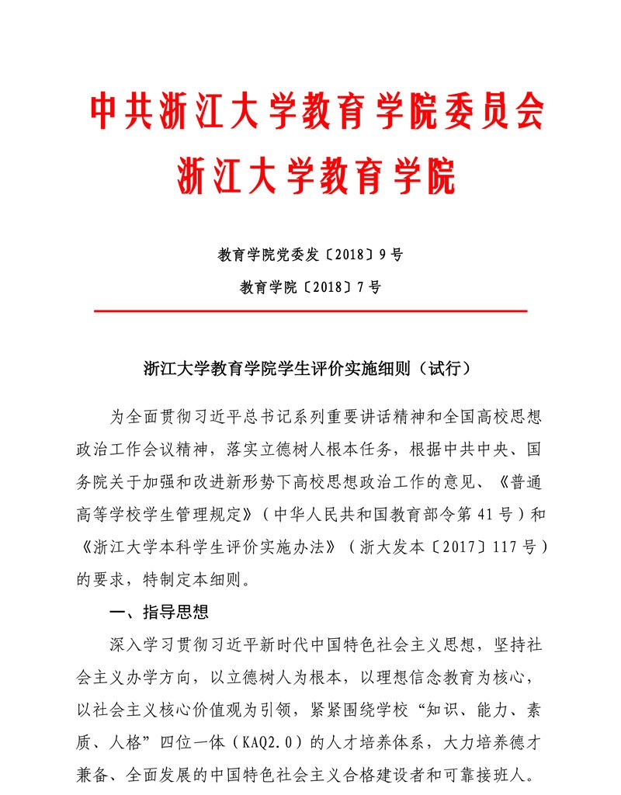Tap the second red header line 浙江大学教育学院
click(317, 176)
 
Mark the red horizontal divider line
click(310, 311)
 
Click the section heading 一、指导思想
click(159, 613)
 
